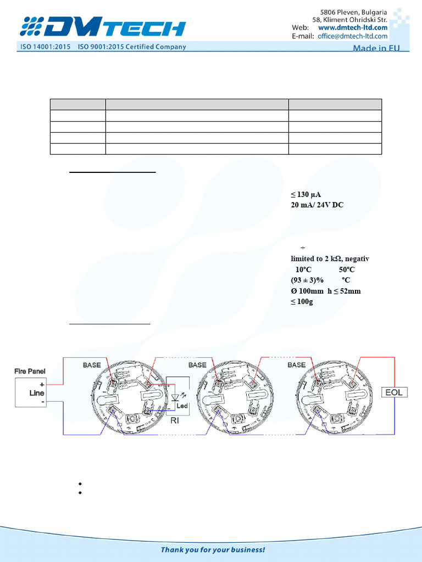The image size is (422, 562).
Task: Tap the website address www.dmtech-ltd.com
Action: pos(352,27)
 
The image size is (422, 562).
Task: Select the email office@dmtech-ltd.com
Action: pos(352,36)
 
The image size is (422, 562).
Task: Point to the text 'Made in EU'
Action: pos(376,48)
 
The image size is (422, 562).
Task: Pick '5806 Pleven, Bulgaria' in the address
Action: pos(353,12)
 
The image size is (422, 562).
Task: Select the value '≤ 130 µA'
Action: pos(306,195)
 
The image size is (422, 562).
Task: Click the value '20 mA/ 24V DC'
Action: pos(317,205)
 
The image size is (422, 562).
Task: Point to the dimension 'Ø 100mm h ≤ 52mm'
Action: pos(325,291)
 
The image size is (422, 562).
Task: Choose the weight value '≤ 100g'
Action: pos(302,302)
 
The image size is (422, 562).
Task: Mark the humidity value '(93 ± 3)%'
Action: pos(307,280)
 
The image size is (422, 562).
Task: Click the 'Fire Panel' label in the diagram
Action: pos(30,372)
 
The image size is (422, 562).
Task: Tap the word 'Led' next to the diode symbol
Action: pos(182,406)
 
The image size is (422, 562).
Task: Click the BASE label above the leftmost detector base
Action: pos(92,365)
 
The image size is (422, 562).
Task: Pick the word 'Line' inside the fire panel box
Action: pos(37,394)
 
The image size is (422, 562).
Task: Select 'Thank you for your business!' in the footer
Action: pos(213,549)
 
